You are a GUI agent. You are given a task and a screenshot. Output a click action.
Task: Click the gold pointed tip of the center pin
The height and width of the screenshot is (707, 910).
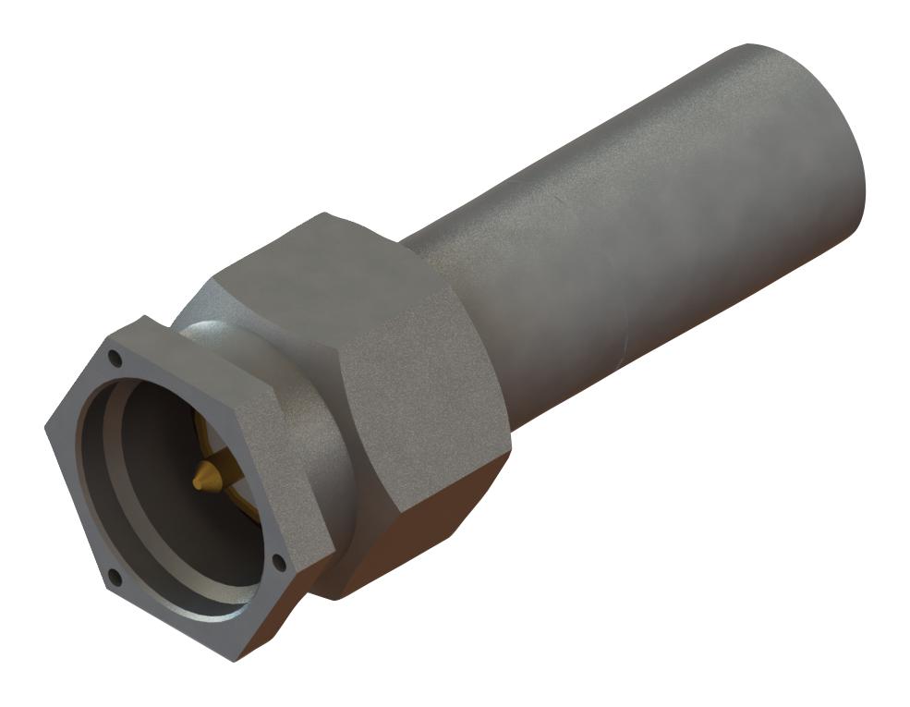[x=198, y=481]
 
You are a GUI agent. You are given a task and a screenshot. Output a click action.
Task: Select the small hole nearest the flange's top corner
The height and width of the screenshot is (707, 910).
[x=115, y=357]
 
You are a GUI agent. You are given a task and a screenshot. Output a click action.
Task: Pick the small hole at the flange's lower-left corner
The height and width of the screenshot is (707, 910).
[x=114, y=578]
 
